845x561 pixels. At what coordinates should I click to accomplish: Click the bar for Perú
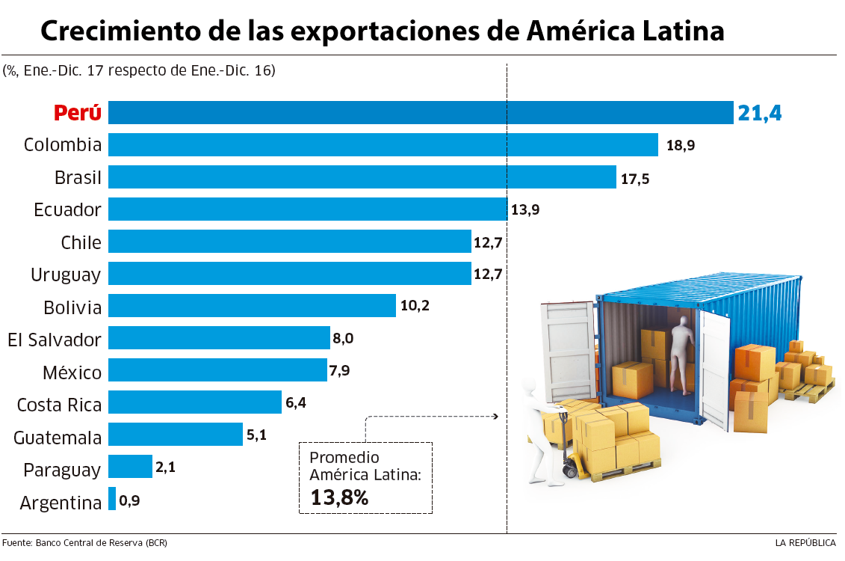(421, 113)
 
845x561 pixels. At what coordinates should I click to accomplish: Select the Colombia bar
(383, 144)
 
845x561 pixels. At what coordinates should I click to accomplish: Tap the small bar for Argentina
(112, 499)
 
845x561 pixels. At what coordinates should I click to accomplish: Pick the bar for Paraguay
(130, 467)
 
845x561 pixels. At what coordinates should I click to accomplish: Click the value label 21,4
(759, 113)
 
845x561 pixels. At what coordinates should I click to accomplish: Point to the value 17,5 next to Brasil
(634, 178)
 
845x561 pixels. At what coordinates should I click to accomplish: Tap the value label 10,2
(415, 306)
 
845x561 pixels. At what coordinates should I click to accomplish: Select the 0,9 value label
(129, 500)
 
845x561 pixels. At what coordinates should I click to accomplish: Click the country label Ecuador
(67, 209)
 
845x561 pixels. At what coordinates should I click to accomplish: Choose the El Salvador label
(54, 340)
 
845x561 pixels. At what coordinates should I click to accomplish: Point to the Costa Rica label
(59, 405)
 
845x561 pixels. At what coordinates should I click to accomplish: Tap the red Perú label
(77, 113)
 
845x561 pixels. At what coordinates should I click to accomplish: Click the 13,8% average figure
(339, 497)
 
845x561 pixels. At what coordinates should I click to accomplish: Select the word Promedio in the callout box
(344, 458)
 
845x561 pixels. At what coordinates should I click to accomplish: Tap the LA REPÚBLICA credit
(805, 542)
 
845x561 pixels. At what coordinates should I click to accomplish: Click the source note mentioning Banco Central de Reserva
(84, 542)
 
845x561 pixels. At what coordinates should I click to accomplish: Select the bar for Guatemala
(176, 435)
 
